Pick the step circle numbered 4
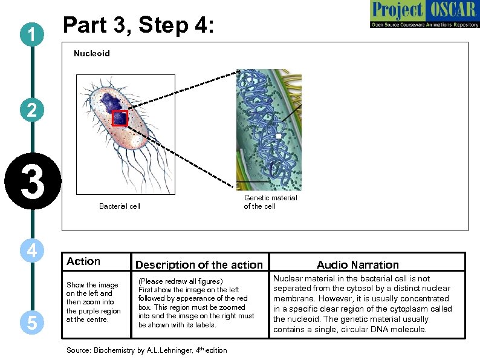point(31,250)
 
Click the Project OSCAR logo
point(423,15)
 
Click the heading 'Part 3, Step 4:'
point(138,26)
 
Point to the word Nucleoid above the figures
point(92,54)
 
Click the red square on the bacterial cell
point(120,118)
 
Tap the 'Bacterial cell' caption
point(120,206)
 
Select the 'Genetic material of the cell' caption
point(270,202)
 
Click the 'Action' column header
point(83,261)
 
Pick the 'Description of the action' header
point(199,264)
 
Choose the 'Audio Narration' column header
point(358,264)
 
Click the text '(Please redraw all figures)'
point(181,281)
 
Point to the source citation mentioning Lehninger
point(147,350)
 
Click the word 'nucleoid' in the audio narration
point(294,319)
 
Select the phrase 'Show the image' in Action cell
point(92,285)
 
